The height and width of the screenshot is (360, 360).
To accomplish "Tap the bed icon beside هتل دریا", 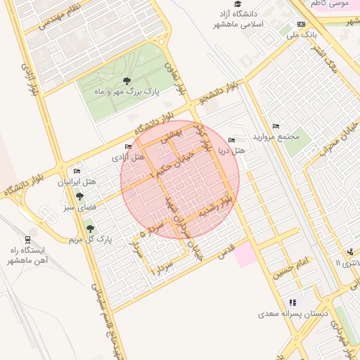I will click(x=232, y=140).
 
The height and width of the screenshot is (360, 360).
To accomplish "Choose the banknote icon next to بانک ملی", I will click(x=302, y=23).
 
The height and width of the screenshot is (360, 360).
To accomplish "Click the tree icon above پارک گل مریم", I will click(x=89, y=228).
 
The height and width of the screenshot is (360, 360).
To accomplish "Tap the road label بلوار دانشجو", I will click(x=221, y=95).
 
